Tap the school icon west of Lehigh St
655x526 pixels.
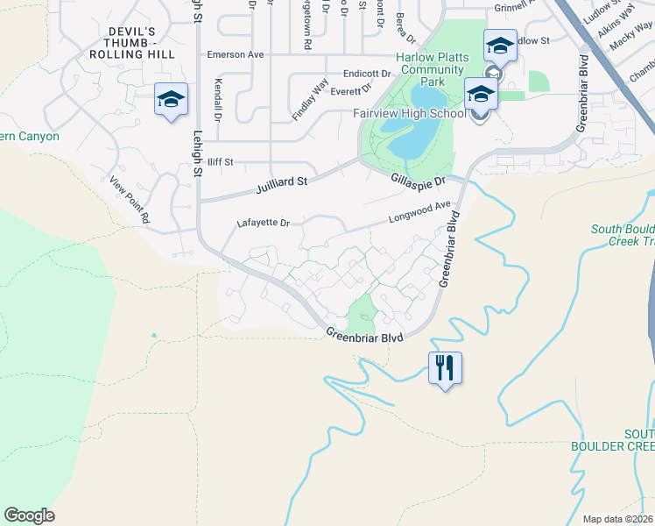[171, 99]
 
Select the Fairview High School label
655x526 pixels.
[409, 113]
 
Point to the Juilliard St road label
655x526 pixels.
[283, 183]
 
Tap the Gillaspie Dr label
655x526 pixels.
[419, 179]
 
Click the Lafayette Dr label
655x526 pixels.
[263, 224]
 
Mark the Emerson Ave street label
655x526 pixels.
[236, 54]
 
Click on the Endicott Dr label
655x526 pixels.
[367, 74]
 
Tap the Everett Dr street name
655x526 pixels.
[351, 88]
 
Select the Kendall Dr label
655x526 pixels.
[215, 102]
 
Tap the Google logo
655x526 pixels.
[29, 515]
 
